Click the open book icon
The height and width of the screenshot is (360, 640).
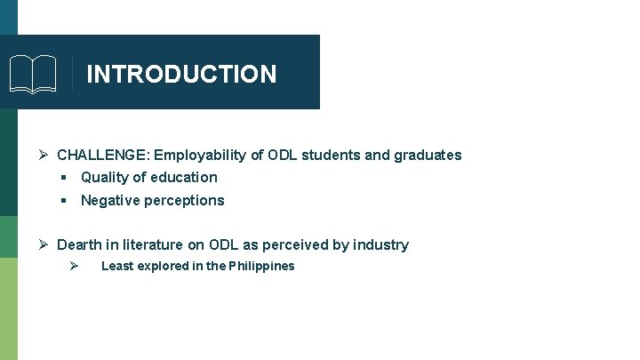(32, 74)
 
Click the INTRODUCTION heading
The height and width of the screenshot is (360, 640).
(181, 74)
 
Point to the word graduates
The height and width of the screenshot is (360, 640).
(428, 156)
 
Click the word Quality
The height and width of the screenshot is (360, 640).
(104, 178)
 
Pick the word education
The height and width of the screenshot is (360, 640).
(183, 178)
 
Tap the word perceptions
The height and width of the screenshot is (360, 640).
(184, 201)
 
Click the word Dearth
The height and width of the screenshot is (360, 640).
(79, 245)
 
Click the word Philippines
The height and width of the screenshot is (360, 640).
(262, 267)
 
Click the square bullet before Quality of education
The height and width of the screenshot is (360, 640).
(64, 178)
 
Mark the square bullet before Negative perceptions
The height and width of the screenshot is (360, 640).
(64, 201)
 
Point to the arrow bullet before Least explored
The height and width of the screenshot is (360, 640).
(75, 267)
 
